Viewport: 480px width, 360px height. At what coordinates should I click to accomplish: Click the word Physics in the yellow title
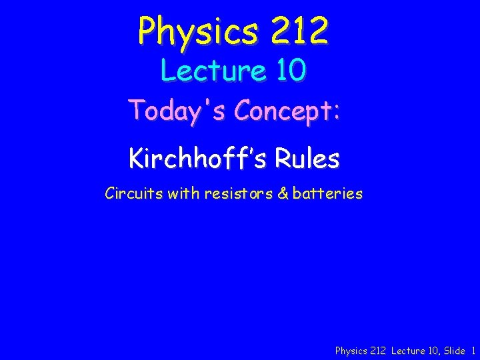189,31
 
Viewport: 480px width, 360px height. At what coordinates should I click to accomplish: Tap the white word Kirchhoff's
194,159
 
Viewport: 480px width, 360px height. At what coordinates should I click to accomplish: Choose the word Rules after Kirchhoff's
305,159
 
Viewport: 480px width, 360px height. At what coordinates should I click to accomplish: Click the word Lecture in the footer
408,351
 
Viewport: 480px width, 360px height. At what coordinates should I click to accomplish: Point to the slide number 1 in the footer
473,351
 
